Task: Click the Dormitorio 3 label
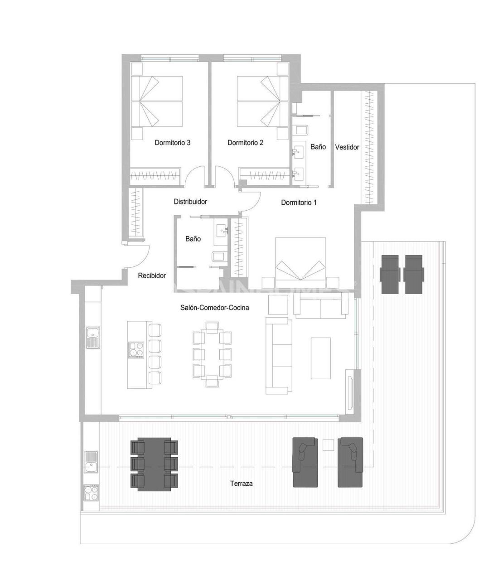tap(172, 143)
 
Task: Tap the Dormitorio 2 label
tap(245, 143)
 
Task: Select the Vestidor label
tap(347, 147)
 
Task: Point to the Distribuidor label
tap(190, 202)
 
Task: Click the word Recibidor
tap(152, 275)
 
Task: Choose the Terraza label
tap(242, 483)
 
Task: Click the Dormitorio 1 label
tap(299, 203)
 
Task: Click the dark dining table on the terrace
tap(154, 464)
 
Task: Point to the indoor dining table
tap(212, 354)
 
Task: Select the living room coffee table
tap(320, 358)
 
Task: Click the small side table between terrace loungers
tap(328, 445)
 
